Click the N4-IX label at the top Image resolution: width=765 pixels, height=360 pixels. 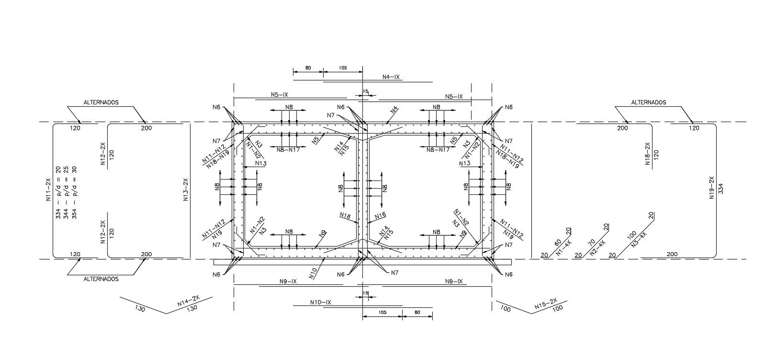(391, 77)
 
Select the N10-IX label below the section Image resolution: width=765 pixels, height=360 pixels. (321, 302)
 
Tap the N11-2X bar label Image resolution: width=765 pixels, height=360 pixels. (48, 190)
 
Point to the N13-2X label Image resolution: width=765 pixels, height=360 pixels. (186, 190)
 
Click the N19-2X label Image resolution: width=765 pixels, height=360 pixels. (712, 188)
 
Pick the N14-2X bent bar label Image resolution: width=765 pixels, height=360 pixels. (187, 304)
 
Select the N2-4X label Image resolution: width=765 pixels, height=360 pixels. (599, 248)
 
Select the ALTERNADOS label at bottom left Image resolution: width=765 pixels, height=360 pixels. (101, 279)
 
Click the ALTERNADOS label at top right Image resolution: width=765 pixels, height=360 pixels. (649, 102)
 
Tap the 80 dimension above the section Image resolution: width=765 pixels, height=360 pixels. (308, 68)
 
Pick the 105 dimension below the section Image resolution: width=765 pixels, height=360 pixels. (382, 312)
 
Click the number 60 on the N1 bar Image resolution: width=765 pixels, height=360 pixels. (557, 243)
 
